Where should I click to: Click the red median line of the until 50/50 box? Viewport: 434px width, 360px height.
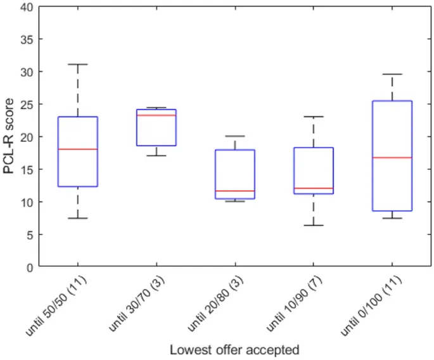pos(78,149)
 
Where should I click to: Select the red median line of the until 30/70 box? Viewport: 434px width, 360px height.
pos(156,115)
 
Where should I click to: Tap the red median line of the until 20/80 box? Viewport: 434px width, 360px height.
pos(235,191)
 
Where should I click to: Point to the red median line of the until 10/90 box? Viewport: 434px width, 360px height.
pos(314,188)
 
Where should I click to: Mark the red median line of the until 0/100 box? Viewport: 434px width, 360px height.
pos(392,157)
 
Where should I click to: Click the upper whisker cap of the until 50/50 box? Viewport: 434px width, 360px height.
pos(78,65)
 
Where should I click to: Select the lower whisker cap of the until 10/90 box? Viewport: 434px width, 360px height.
pos(314,225)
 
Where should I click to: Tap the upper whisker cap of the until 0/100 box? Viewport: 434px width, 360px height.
pos(392,74)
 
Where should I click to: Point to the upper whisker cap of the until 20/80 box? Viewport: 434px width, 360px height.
pos(235,136)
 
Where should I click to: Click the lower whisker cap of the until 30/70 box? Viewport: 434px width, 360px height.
pos(156,155)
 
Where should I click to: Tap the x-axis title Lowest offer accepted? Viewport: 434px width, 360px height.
pos(234,349)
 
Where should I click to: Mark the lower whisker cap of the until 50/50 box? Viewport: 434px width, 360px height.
pos(78,218)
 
